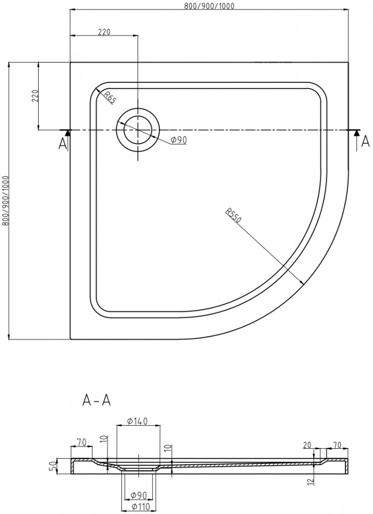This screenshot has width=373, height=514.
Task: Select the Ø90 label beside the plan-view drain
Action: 178,140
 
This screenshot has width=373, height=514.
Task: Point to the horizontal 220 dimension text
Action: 104,32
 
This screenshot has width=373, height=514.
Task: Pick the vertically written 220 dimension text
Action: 35,95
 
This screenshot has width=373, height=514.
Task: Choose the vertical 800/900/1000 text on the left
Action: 6,201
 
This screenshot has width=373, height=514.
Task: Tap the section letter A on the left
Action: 62,144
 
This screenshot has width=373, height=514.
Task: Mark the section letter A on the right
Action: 365,144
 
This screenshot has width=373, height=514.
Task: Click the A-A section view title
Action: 96,401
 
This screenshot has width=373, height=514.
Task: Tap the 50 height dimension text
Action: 51,465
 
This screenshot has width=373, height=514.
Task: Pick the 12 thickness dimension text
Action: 311,481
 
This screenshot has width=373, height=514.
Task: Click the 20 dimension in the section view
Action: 308,444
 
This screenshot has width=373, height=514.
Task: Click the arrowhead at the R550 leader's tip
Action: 301,283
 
